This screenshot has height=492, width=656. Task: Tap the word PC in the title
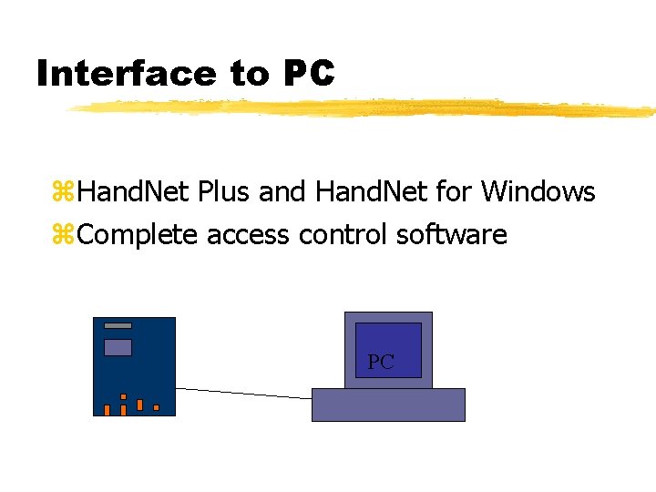[x=310, y=74]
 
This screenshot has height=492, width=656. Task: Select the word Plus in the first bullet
[x=223, y=193]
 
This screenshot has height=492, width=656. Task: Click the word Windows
[x=538, y=193]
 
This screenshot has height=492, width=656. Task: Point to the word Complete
[x=137, y=235]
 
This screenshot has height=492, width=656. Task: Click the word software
[x=451, y=235]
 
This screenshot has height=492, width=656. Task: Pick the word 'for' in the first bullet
[x=454, y=193]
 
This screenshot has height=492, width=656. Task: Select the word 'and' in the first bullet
[x=282, y=193]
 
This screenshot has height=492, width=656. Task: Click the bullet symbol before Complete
[x=63, y=236]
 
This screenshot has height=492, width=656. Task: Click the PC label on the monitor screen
[x=381, y=363]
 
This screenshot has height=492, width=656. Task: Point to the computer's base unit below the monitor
[x=388, y=405]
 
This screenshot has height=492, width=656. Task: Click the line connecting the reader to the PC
[x=243, y=393]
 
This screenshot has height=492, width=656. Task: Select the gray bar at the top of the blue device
[x=118, y=325]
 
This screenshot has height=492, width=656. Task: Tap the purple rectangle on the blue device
[x=118, y=347]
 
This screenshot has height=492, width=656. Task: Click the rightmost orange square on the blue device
[x=157, y=407]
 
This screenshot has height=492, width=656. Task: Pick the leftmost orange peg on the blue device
[x=107, y=410]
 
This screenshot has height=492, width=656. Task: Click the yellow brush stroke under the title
[x=364, y=108]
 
